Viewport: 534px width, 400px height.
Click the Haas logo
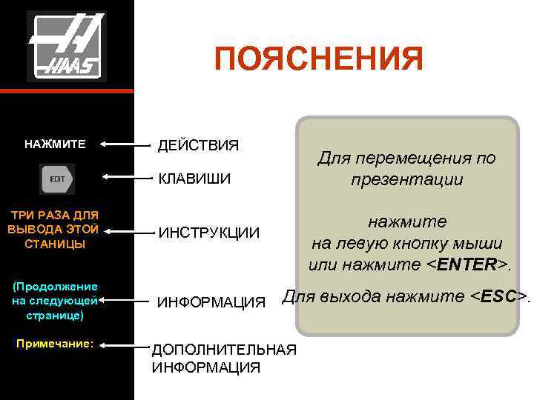pyautogui.click(x=67, y=46)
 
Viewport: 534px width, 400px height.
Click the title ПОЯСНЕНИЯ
pyautogui.click(x=318, y=59)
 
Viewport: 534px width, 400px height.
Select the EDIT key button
pyautogui.click(x=59, y=179)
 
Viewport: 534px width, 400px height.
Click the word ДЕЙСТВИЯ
pyautogui.click(x=198, y=144)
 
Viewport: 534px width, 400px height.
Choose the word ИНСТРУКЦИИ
pyautogui.click(x=208, y=233)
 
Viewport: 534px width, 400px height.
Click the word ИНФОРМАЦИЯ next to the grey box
pyautogui.click(x=211, y=302)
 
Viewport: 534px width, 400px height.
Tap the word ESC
pyautogui.click(x=504, y=297)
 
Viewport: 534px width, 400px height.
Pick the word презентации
pyautogui.click(x=406, y=179)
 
